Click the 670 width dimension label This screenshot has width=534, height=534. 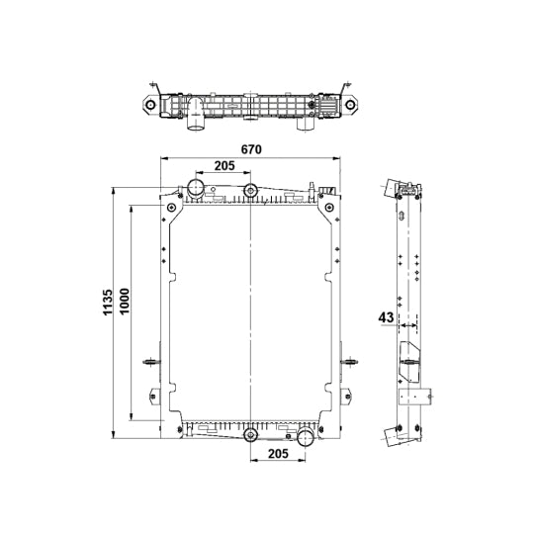(x=251, y=149)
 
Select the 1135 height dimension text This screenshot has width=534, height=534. (x=108, y=303)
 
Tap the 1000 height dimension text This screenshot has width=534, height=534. (x=125, y=302)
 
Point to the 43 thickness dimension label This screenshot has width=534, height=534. (x=386, y=317)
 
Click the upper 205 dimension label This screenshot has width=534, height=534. (x=224, y=166)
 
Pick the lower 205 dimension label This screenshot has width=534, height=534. (x=278, y=454)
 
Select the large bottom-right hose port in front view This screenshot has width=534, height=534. (x=306, y=438)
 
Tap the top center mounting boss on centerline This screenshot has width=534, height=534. (x=250, y=190)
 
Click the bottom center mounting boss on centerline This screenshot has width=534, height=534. (x=250, y=435)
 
